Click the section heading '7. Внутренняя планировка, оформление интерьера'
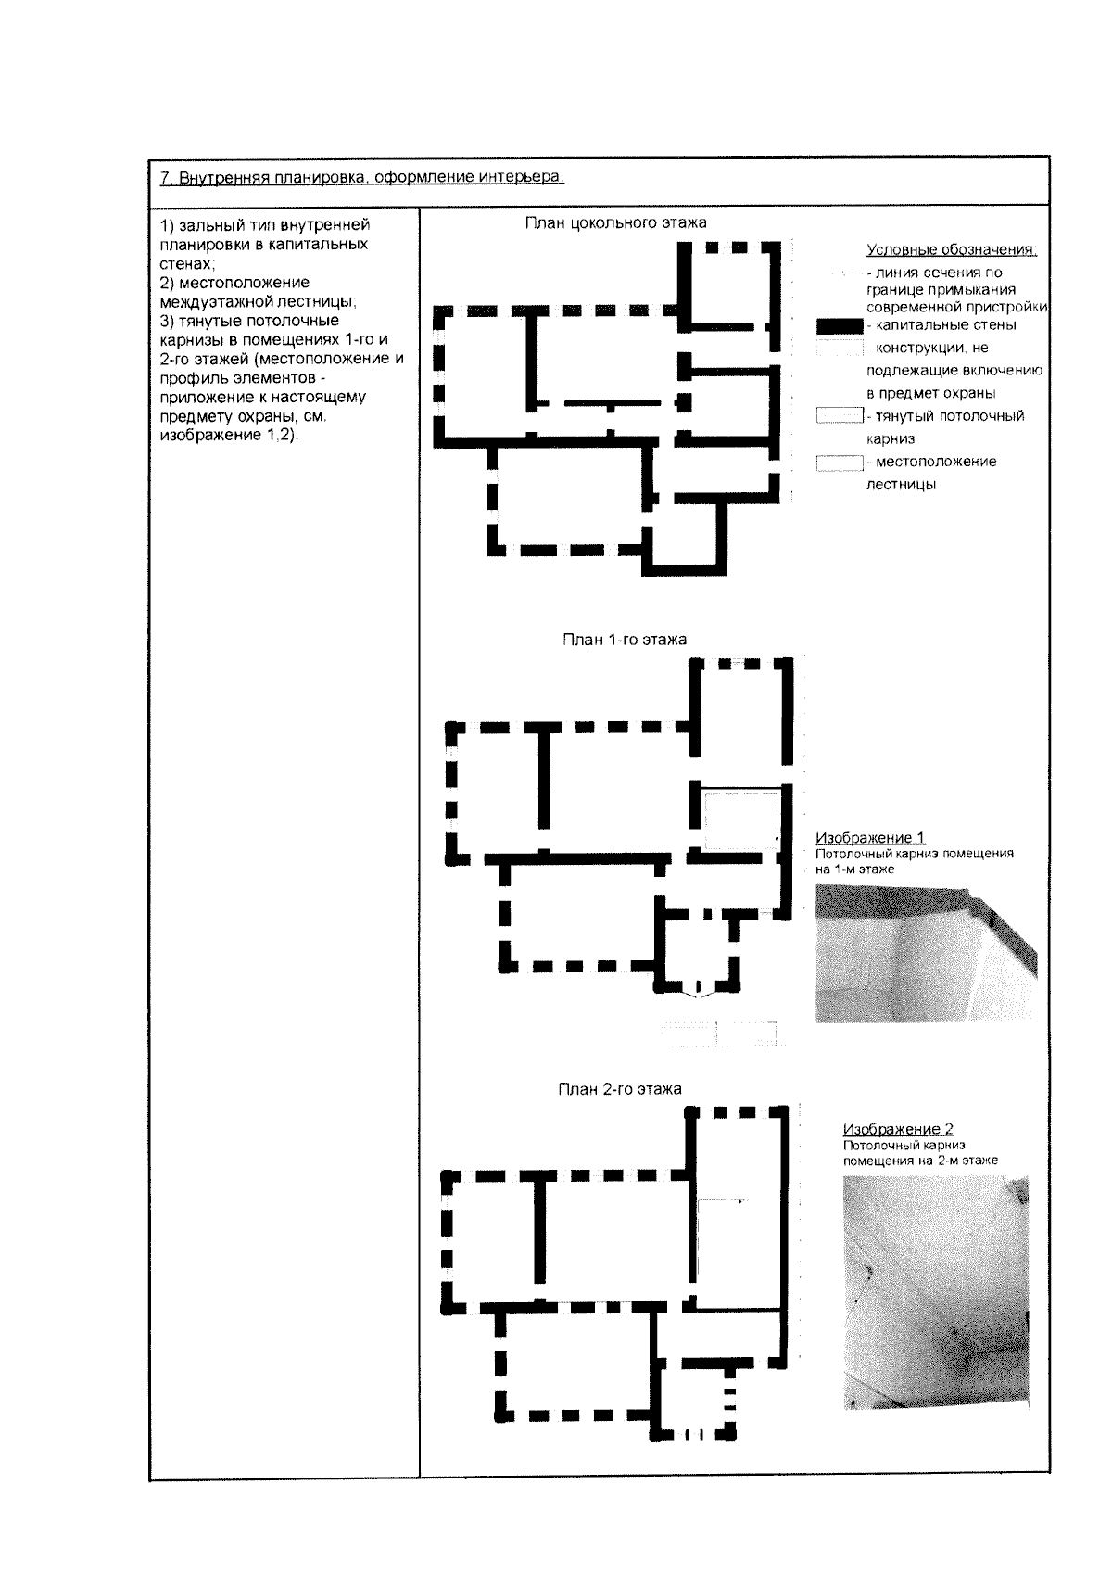(x=362, y=178)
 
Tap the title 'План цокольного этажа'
(x=615, y=222)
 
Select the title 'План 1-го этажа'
(x=625, y=640)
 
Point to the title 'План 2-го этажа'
(x=619, y=1089)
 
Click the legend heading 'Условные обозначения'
(x=951, y=250)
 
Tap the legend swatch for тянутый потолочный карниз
(x=839, y=416)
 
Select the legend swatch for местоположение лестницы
(x=839, y=463)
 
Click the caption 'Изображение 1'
(x=870, y=839)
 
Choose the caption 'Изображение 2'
(x=897, y=1129)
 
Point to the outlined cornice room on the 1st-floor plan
(x=740, y=819)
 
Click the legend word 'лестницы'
(x=900, y=485)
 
